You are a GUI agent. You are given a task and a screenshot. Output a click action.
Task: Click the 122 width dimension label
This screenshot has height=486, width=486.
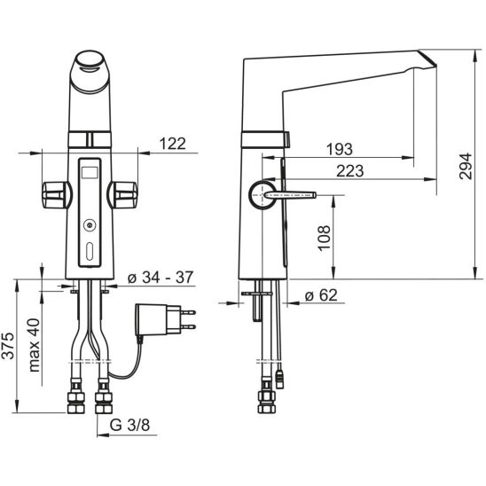[x=173, y=144]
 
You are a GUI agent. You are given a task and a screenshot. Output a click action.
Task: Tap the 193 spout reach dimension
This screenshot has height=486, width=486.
[x=340, y=149]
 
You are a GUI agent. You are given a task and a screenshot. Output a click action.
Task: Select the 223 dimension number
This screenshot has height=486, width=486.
[x=350, y=171]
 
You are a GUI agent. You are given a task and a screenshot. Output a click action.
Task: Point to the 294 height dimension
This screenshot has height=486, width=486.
[x=466, y=166]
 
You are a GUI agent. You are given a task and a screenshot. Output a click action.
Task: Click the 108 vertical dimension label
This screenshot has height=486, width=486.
[x=325, y=238]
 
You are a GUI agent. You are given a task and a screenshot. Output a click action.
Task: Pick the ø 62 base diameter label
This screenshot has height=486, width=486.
[x=321, y=294]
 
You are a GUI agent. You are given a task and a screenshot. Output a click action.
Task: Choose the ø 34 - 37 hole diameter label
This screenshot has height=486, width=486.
[x=161, y=277]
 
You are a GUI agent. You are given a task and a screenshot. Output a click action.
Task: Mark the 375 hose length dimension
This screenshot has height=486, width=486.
[x=8, y=346]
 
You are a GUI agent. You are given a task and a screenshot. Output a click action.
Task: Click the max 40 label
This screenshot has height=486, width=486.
[x=34, y=345]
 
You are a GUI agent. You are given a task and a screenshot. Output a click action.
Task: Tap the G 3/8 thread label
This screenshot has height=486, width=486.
[x=129, y=425]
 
